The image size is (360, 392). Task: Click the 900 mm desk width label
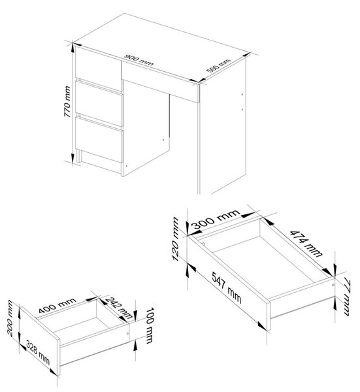139,60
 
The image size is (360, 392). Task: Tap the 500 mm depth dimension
218,65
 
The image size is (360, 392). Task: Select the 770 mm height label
67,101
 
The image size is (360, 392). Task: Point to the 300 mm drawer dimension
216,220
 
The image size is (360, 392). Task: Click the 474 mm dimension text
306,244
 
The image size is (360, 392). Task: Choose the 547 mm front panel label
227,287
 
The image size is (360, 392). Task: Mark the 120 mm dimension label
176,239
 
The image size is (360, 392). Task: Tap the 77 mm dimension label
347,298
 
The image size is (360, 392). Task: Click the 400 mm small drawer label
57,305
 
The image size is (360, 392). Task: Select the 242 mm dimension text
119,308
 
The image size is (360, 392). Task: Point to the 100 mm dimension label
149,325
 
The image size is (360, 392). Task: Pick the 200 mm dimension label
10,318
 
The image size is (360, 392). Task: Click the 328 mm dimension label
38,353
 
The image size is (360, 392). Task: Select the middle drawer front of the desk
99,103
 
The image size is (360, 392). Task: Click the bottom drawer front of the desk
99,140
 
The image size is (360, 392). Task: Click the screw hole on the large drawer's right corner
333,285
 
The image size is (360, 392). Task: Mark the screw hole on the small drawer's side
127,333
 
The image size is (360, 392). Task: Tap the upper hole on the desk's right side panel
242,95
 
